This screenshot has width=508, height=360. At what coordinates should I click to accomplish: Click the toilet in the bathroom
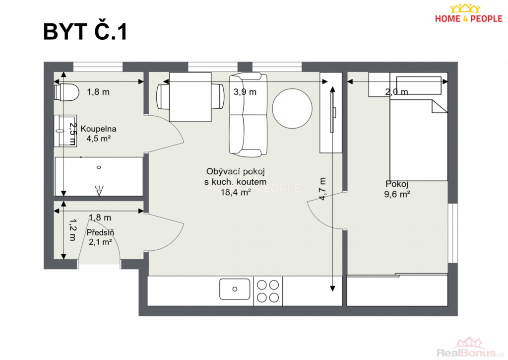coord(66,92)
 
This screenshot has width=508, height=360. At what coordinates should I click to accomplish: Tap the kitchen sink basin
coord(235,289)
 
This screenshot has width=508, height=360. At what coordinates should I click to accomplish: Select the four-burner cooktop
coord(268,291)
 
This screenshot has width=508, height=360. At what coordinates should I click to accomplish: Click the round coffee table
coord(292,109)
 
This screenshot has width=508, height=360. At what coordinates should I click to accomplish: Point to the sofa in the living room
coord(248,115)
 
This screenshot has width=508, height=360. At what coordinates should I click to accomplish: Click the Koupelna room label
coord(98,129)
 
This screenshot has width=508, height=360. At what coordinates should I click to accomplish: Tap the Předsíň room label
coord(100,232)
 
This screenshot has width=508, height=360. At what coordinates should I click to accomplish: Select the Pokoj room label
coord(397,184)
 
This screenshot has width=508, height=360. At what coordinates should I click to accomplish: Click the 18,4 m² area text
coord(236,192)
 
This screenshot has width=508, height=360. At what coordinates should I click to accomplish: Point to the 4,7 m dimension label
coord(322,189)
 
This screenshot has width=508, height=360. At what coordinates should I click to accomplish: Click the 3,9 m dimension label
coord(245,92)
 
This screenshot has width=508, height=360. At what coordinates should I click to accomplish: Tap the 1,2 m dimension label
coord(72,229)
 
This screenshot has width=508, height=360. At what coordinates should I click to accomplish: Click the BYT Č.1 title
coord(85,32)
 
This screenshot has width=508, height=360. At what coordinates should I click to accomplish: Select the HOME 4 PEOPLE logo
coord(468,14)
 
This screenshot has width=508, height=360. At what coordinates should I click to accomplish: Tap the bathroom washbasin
coord(65,131)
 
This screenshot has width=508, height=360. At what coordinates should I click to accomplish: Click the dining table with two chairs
coord(190,97)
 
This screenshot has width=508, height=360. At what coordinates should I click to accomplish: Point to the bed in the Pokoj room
coord(419,127)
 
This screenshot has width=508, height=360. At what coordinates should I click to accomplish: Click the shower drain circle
coord(99,167)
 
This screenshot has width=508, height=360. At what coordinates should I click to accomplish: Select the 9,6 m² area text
coord(397,194)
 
